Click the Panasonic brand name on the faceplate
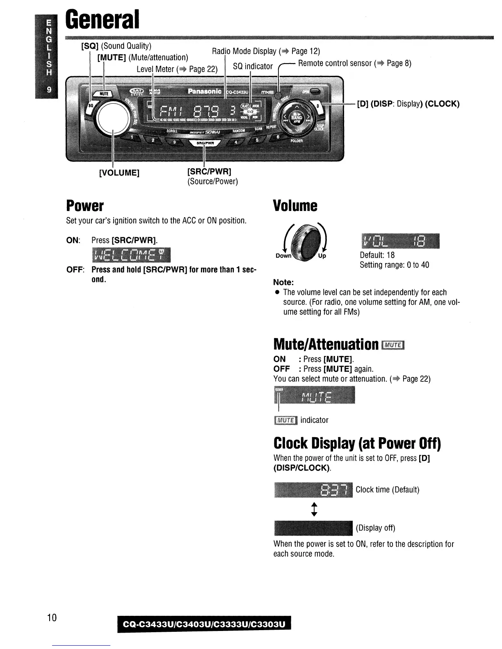pyautogui.click(x=205, y=91)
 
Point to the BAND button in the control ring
pyautogui.click(x=296, y=117)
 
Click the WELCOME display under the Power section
pyautogui.click(x=131, y=255)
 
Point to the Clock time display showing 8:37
pyautogui.click(x=313, y=490)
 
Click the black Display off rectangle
pyautogui.click(x=313, y=528)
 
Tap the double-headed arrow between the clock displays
pyautogui.click(x=314, y=509)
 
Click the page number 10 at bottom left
pyautogui.click(x=52, y=617)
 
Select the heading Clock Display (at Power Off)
pyautogui.click(x=357, y=443)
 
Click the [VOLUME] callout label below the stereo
pyautogui.click(x=119, y=172)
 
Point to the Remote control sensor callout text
pyautogui.click(x=354, y=63)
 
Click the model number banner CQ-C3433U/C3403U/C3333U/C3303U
pyautogui.click(x=204, y=624)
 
